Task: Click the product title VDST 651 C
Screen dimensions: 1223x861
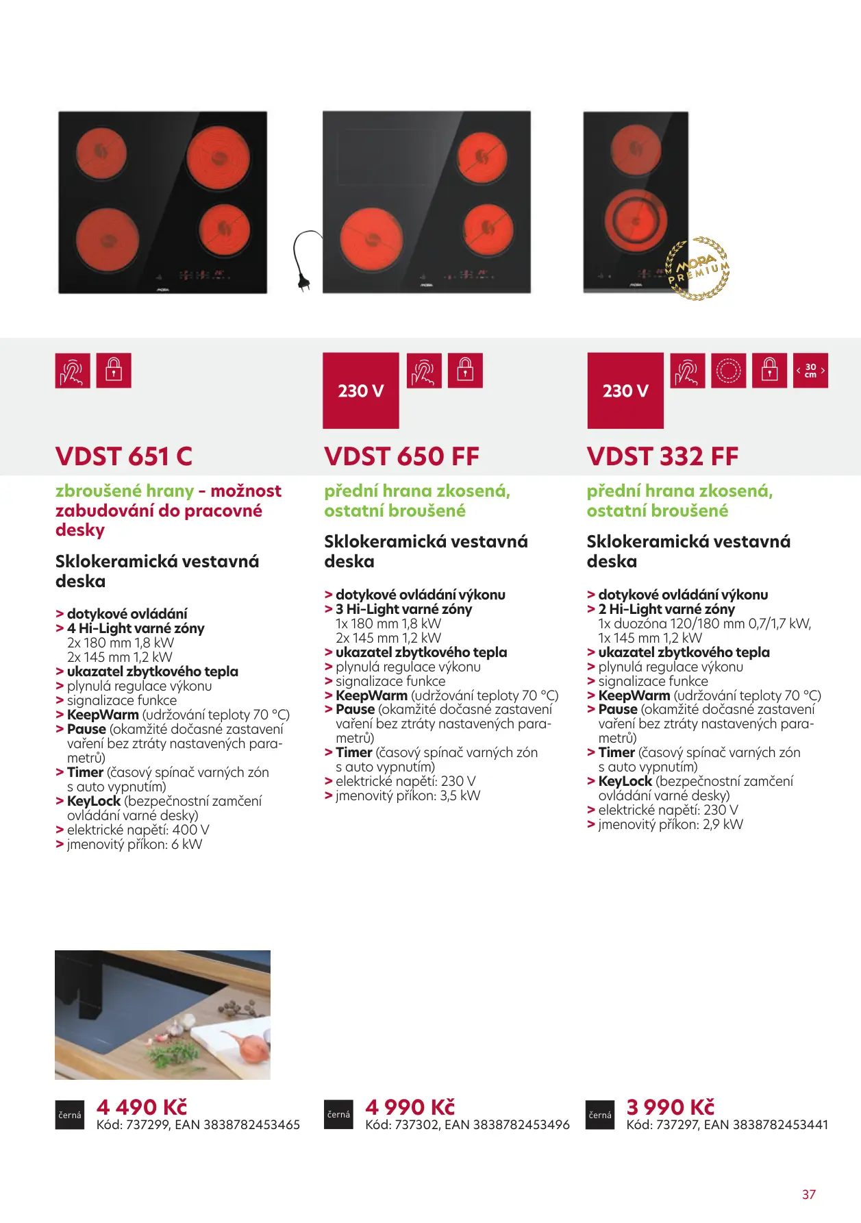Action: coord(124,456)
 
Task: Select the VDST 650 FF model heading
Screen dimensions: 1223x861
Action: coord(401,456)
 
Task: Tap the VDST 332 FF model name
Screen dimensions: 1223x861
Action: coord(662,456)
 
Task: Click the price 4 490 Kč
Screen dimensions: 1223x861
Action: coord(142,1107)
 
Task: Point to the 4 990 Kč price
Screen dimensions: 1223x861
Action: coord(410,1107)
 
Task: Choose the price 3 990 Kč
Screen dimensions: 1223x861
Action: coord(671,1107)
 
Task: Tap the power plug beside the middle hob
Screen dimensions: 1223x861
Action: coord(305,260)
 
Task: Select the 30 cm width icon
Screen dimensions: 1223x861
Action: coord(810,371)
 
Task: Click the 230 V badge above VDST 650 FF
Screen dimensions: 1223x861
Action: coord(361,391)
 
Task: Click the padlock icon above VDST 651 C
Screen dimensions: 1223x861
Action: coord(114,371)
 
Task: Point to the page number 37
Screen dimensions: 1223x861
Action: coord(809,1194)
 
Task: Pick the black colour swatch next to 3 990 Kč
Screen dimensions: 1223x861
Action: coord(600,1115)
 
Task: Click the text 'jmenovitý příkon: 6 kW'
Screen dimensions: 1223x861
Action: coord(134,844)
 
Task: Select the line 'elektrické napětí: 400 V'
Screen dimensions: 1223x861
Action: coord(138,830)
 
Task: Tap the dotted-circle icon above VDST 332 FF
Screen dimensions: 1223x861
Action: coord(728,371)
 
